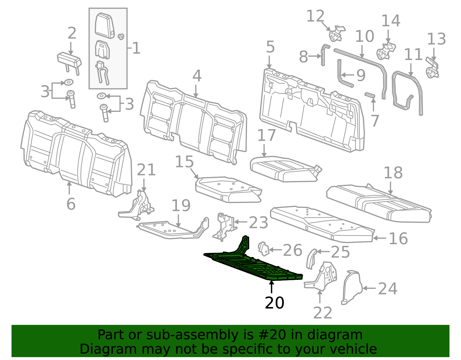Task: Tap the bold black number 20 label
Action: tap(274, 303)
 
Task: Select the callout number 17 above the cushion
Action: tap(266, 135)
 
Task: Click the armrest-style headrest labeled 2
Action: tap(69, 60)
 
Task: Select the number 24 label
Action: tap(388, 289)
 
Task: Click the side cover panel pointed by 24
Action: tap(352, 287)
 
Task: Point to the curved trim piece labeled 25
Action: tap(311, 258)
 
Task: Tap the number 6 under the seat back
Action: tap(71, 204)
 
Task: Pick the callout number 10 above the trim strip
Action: tap(364, 37)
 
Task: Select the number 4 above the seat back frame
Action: tap(197, 76)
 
